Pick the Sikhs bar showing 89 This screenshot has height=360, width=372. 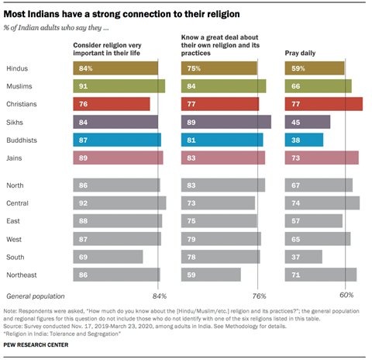click(x=226, y=122)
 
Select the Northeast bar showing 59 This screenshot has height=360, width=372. click(x=211, y=274)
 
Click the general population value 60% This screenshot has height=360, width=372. click(x=346, y=296)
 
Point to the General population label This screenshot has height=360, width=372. click(x=35, y=296)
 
